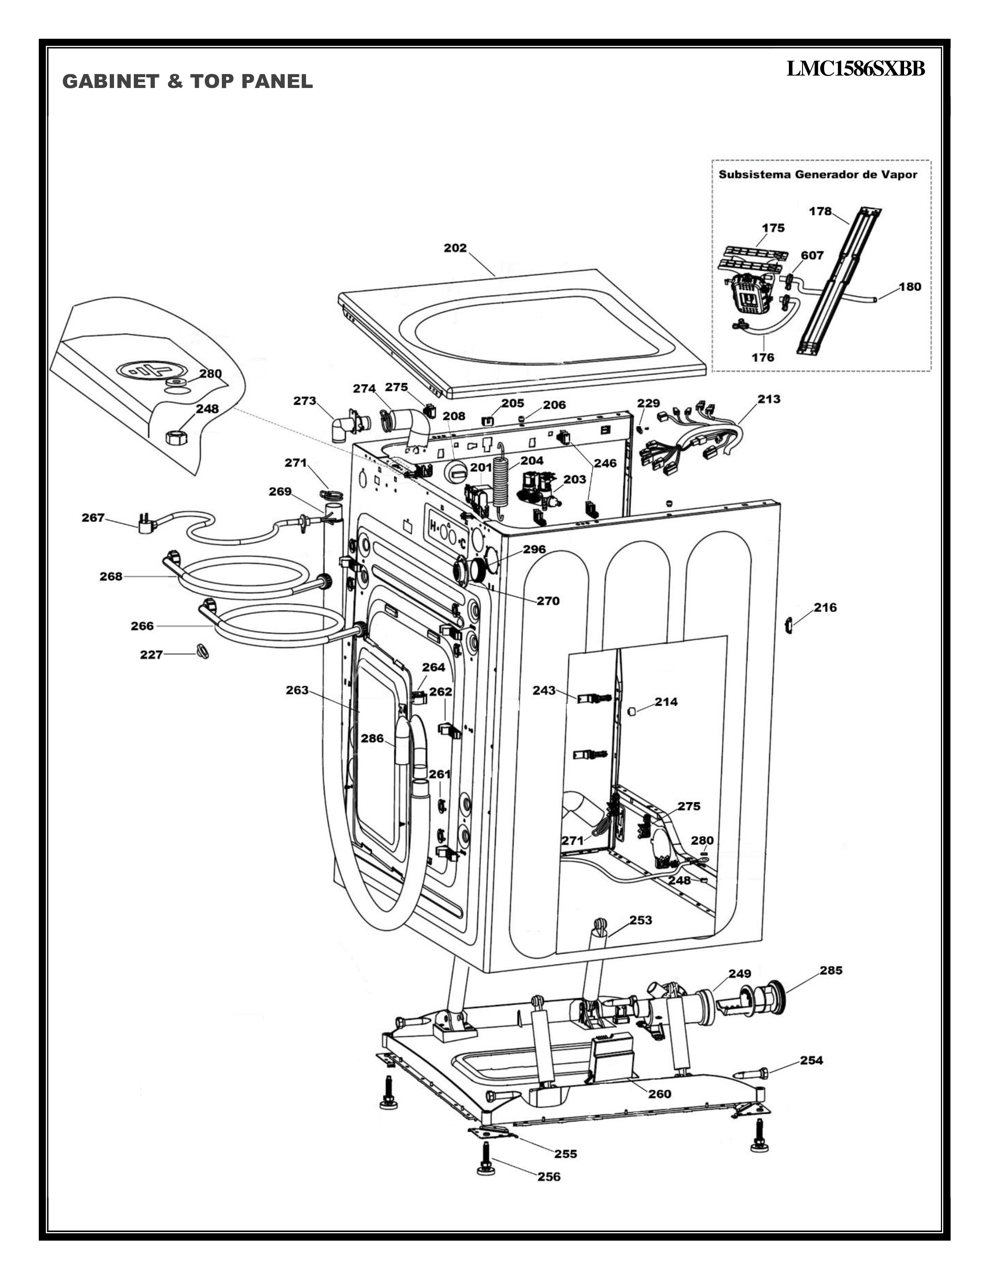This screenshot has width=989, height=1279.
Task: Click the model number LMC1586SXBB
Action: (856, 69)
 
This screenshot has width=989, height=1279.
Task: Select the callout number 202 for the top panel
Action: (455, 248)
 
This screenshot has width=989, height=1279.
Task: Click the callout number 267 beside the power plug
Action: (93, 518)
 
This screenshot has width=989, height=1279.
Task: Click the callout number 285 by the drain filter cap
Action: (831, 970)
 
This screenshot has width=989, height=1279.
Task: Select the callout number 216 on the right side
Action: (825, 607)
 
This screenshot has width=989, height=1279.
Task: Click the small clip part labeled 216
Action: (788, 626)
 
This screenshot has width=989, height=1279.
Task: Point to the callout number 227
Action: (151, 655)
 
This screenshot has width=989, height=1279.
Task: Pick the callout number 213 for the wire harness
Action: (769, 399)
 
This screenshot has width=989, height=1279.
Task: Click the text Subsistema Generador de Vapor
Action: (818, 174)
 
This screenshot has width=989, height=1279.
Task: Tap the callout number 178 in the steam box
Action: (820, 211)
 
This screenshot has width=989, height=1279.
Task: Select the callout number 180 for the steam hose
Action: (910, 287)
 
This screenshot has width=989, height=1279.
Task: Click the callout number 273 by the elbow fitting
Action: (305, 401)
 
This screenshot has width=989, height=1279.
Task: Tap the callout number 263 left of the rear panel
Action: (297, 690)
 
